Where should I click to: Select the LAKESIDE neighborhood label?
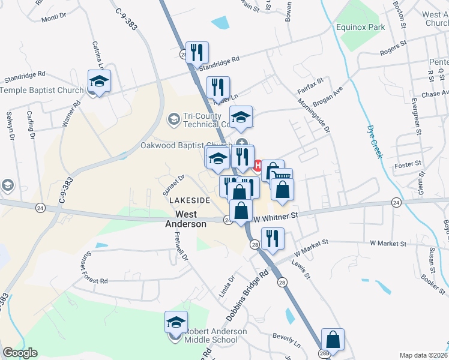coord(190,200)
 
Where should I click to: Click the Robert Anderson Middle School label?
coord(215,336)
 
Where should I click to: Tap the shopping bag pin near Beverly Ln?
coord(333,340)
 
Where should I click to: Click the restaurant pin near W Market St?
coord(273,239)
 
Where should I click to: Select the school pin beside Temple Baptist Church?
coord(100,81)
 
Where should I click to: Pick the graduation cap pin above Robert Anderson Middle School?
coord(176,323)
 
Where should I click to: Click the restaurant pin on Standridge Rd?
coord(196,53)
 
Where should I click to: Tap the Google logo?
coord(20,353)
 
